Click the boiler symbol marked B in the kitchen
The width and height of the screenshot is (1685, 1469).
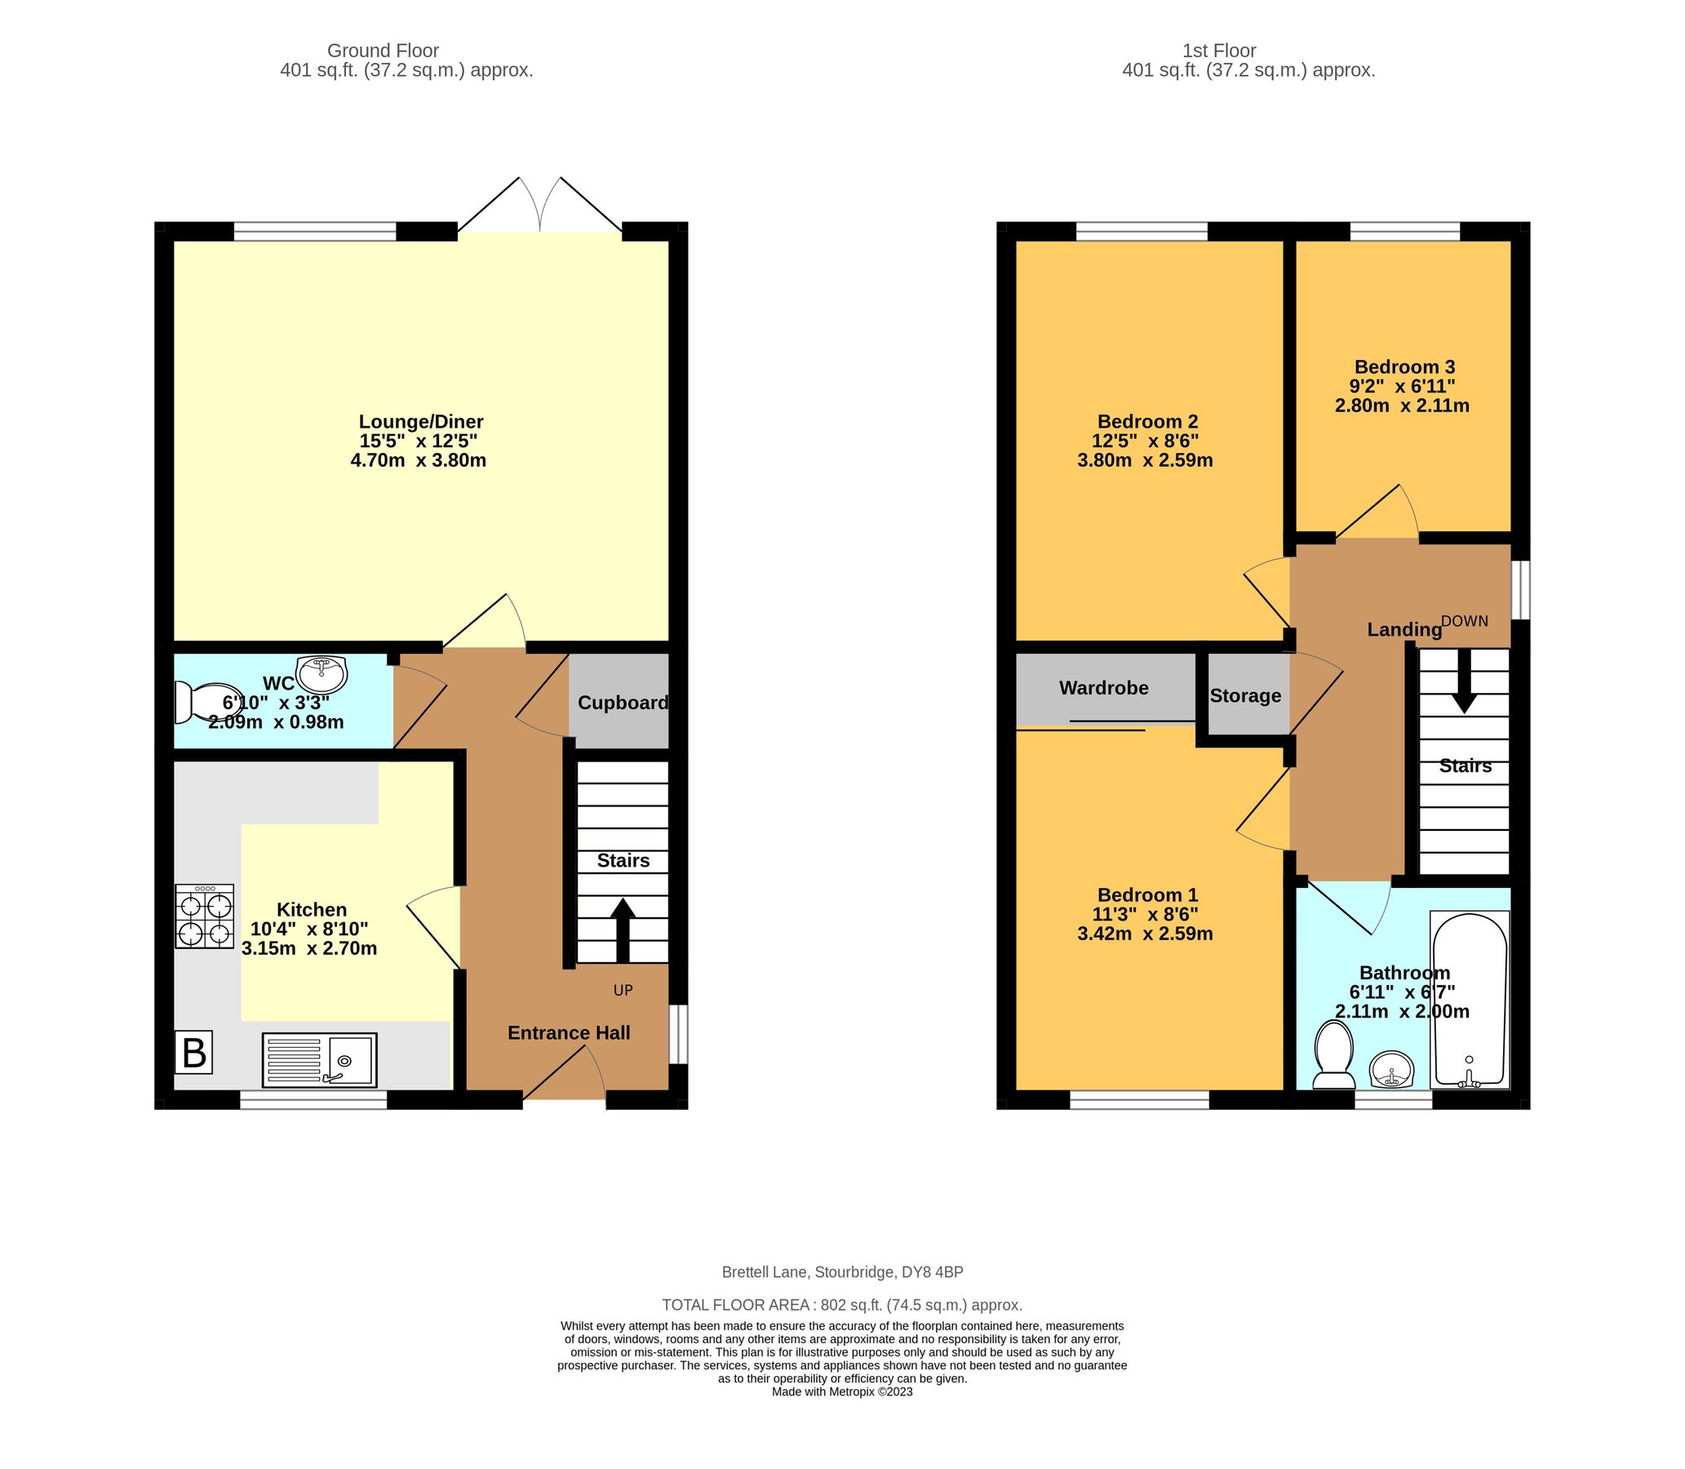tap(194, 1053)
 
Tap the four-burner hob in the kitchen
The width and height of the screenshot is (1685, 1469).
tap(205, 916)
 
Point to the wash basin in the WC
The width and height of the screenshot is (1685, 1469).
tap(322, 674)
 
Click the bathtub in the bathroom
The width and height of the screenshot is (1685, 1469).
tap(1469, 1000)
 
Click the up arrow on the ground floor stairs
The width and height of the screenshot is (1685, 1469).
tap(623, 930)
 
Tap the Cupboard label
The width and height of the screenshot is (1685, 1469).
tap(623, 703)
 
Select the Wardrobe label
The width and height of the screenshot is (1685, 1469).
tap(1103, 688)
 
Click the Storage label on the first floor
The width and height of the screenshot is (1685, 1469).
tap(1245, 696)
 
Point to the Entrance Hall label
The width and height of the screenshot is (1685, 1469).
tap(569, 1033)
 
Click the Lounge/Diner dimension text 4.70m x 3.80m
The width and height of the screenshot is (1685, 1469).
tap(418, 461)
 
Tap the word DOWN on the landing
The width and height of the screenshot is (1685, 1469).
tap(1464, 621)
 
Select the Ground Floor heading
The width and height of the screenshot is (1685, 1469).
tap(383, 51)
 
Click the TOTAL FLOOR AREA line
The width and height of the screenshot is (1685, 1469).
tap(841, 1305)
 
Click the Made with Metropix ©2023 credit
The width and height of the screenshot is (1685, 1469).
tap(841, 1392)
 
